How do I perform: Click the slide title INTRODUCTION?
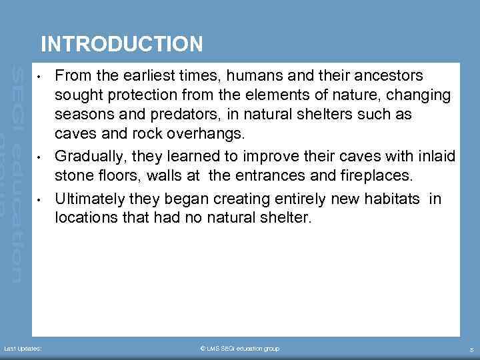pyautogui.click(x=121, y=44)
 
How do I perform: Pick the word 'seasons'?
pyautogui.click(x=83, y=114)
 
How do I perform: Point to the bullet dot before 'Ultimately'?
pyautogui.click(x=41, y=199)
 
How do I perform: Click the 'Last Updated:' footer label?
pyautogui.click(x=23, y=349)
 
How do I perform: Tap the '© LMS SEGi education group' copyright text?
pyautogui.click(x=240, y=349)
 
